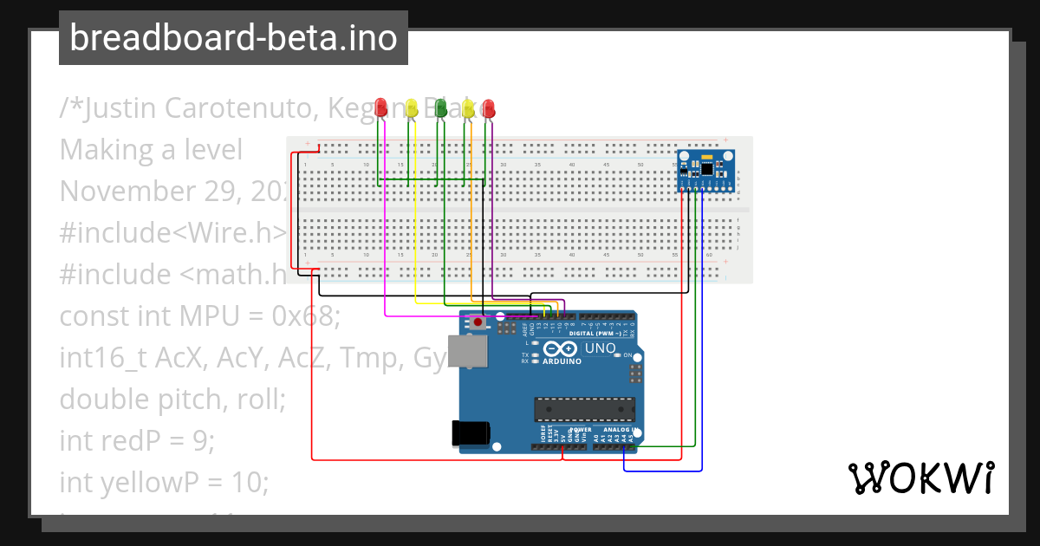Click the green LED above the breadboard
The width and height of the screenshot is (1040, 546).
(440, 107)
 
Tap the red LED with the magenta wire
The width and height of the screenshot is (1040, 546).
(381, 107)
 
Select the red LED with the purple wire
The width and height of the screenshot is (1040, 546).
(489, 107)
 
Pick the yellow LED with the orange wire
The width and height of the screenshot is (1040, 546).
(469, 107)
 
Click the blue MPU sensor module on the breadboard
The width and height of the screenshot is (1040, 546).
(705, 169)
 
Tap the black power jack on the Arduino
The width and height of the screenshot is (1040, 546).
(471, 433)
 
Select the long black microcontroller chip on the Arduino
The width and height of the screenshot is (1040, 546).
(584, 408)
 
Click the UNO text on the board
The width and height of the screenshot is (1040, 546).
(600, 349)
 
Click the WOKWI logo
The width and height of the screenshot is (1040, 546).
(920, 478)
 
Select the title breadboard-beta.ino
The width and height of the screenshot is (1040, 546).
(233, 38)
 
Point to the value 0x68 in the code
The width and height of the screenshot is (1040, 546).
(304, 316)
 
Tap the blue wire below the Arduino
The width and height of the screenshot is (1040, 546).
(663, 471)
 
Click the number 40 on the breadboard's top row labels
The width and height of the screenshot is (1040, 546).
(572, 165)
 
